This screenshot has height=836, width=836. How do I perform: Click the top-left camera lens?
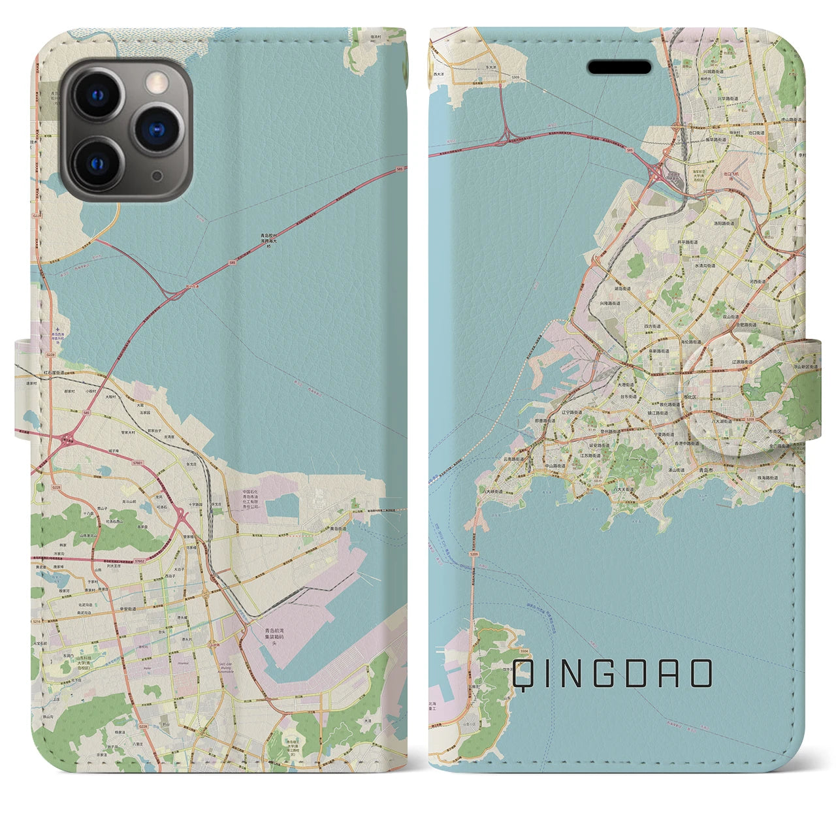tap(97, 95)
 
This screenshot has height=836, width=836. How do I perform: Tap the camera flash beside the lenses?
tap(156, 82)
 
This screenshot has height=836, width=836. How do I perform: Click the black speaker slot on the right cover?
tap(620, 67)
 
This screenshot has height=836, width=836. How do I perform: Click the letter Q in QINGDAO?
tap(524, 673)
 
